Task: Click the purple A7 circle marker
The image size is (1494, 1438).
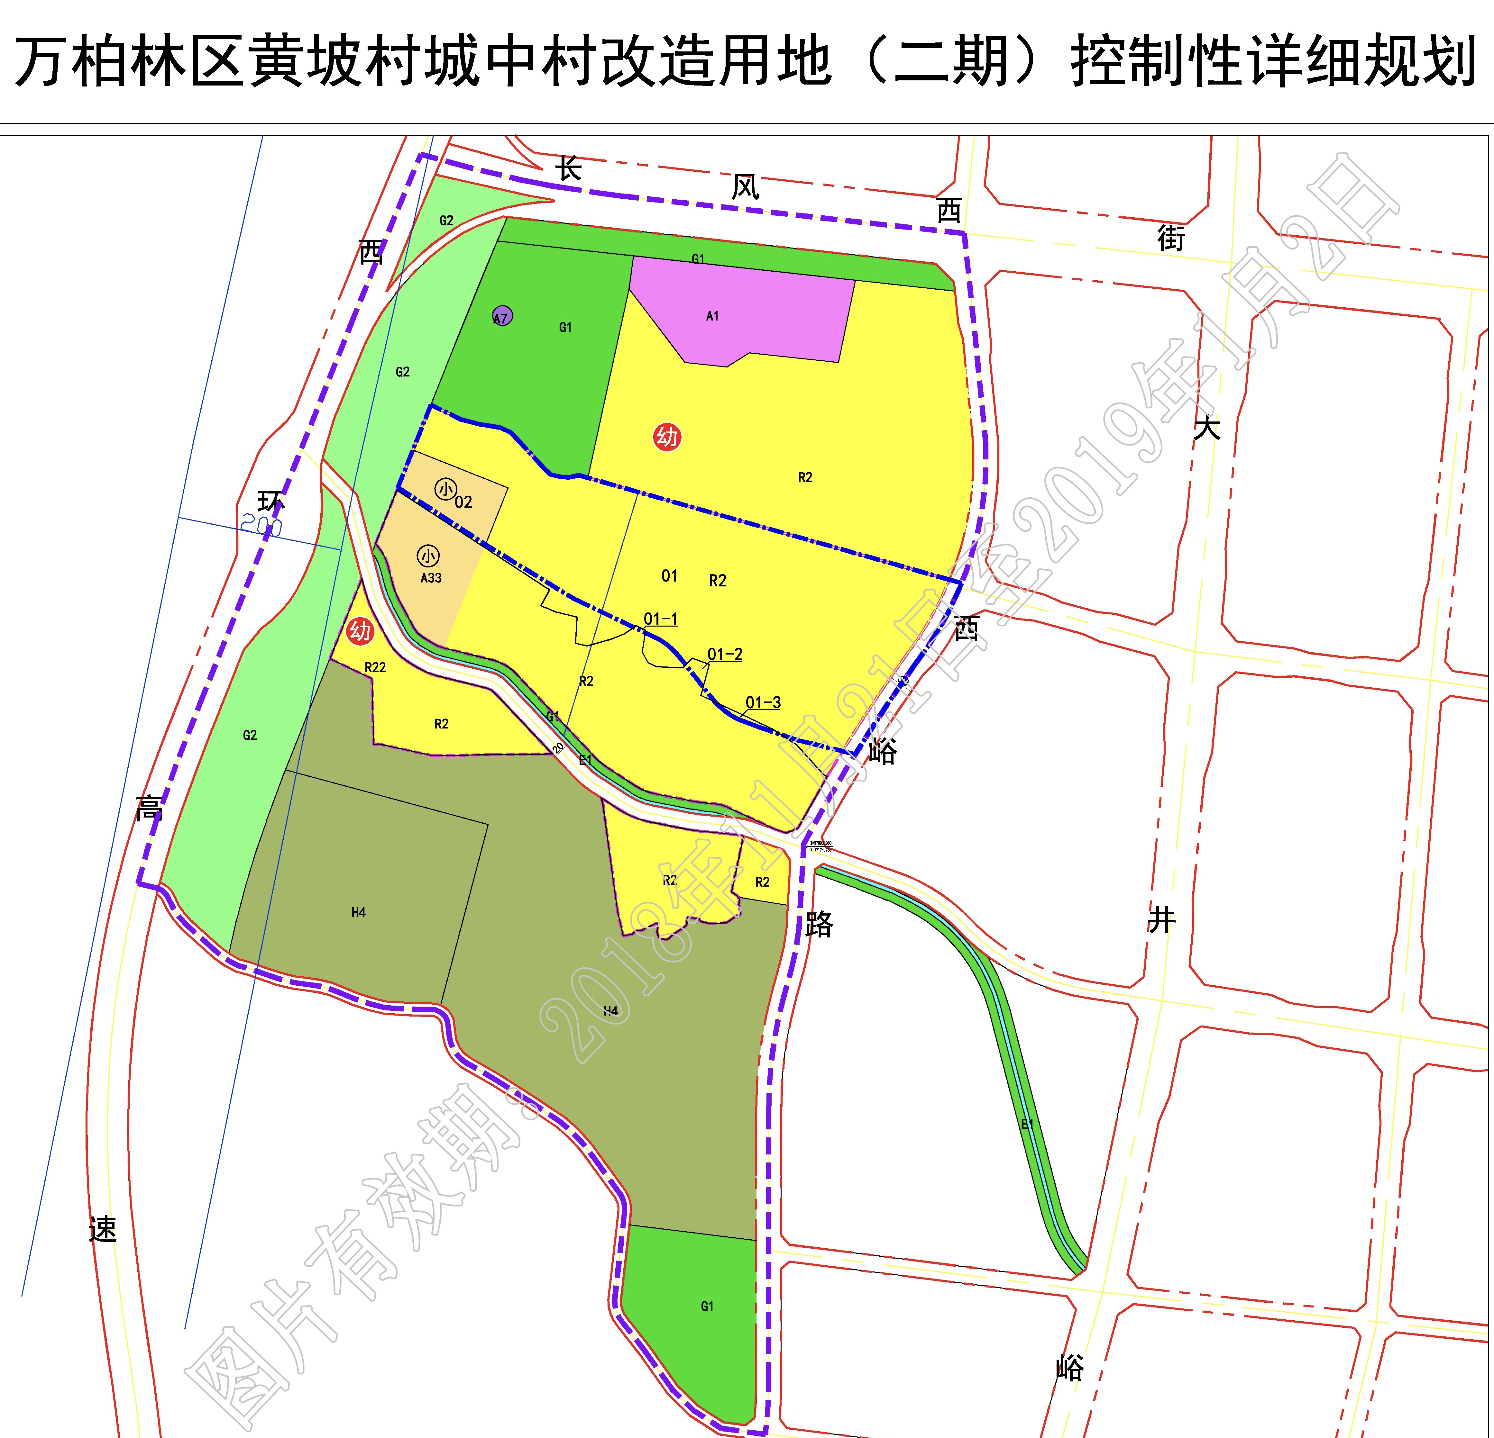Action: point(501,315)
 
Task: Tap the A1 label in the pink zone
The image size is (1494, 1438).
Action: point(712,315)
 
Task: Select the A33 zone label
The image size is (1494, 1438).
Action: point(431,578)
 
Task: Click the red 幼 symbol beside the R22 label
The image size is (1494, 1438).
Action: point(360,631)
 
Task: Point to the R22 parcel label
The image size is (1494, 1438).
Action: point(375,667)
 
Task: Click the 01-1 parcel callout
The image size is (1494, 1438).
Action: point(660,619)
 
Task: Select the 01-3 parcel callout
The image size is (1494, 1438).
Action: point(763,702)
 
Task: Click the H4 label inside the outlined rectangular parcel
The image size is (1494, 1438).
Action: point(358,912)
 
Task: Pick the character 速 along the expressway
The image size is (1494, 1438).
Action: point(103,1228)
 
